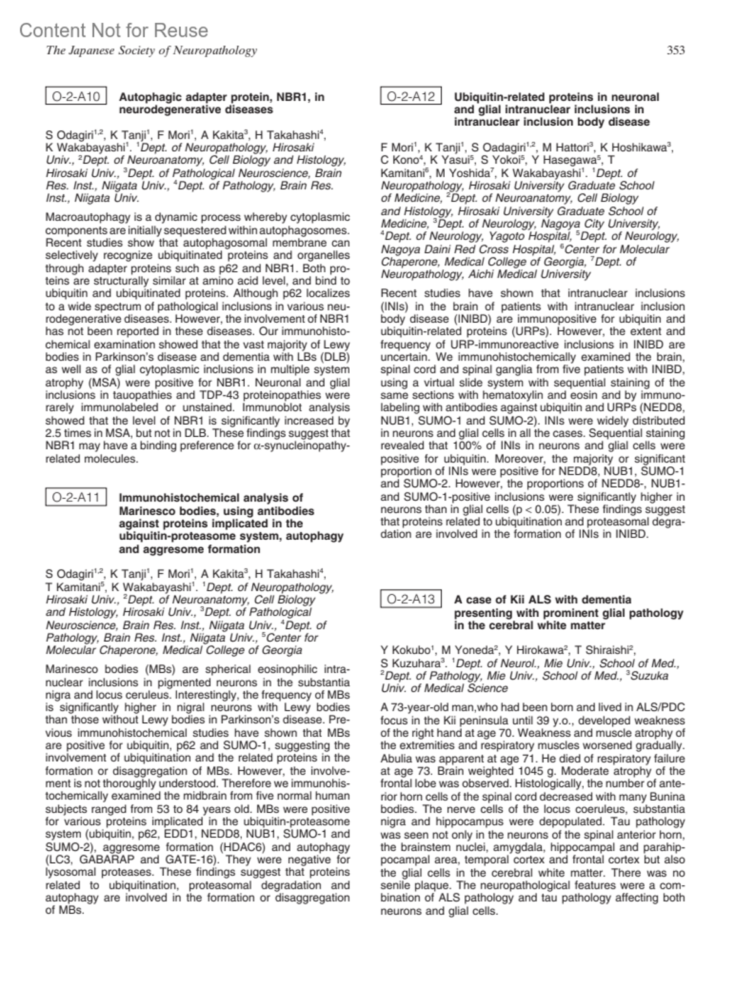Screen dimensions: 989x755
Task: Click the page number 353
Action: click(x=675, y=50)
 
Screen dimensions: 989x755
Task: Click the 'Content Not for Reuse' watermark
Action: click(x=113, y=30)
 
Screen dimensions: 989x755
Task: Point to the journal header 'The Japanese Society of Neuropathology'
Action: click(x=151, y=50)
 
